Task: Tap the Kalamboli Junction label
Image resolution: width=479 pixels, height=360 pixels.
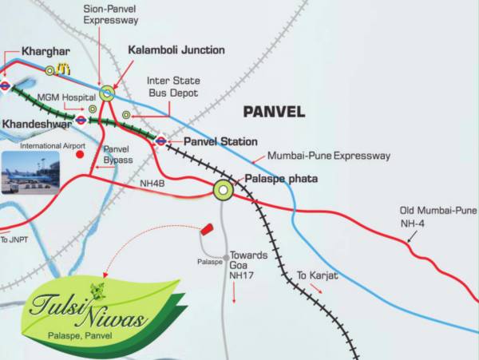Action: click(176, 49)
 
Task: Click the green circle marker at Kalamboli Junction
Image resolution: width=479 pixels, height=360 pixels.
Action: click(107, 93)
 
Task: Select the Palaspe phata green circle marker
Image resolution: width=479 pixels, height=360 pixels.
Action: click(223, 190)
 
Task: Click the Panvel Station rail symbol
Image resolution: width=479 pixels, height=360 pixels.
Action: click(162, 141)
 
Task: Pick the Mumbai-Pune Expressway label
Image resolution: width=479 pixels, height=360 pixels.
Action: click(329, 156)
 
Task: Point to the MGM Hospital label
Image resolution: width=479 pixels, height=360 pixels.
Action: click(61, 97)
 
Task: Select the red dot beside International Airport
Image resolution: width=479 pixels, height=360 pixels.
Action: click(80, 156)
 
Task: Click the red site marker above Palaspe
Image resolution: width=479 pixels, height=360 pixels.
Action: click(207, 228)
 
